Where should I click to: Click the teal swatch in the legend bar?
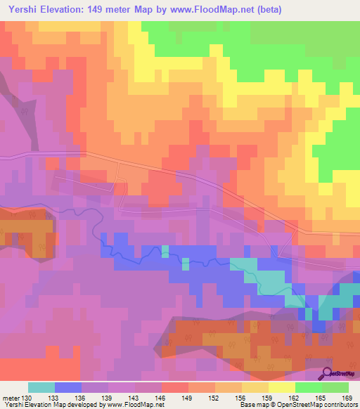click(41, 387)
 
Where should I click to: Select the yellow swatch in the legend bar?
click(281, 387)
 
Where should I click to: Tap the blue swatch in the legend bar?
click(68, 387)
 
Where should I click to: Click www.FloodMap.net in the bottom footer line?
click(133, 405)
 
